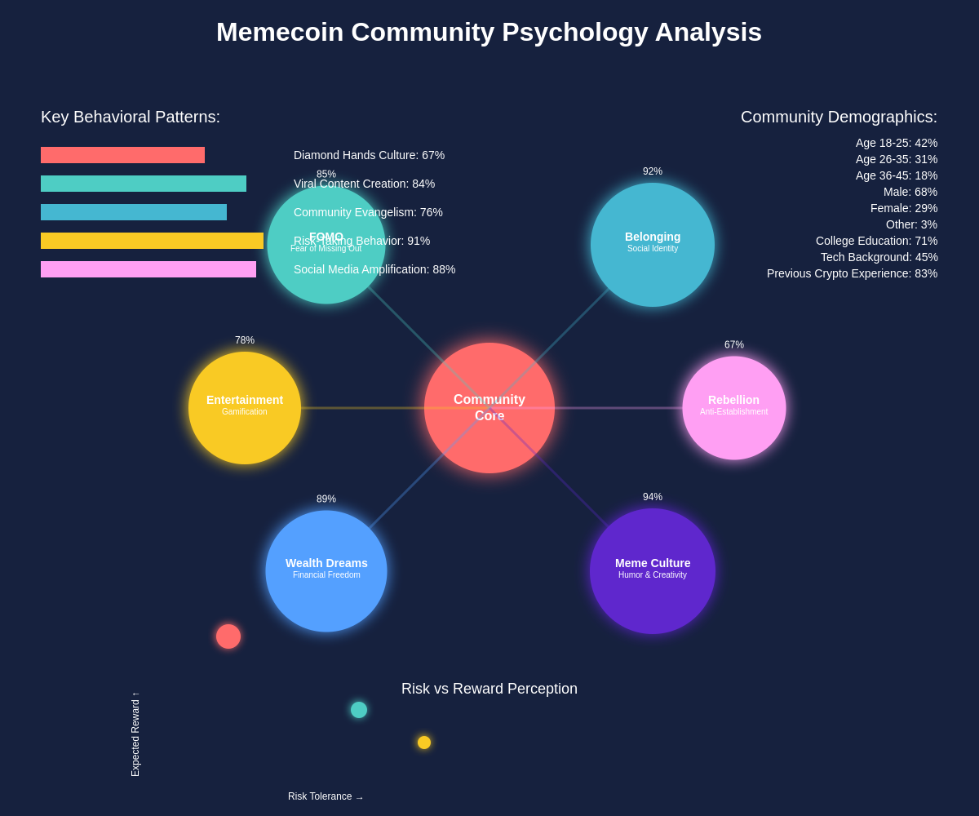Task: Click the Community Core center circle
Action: pos(489,408)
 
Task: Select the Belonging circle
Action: pos(653,245)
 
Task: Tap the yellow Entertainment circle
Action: pos(245,408)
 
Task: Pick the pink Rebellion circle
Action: pos(734,408)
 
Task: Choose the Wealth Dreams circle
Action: pos(326,571)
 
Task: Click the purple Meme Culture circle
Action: pos(653,571)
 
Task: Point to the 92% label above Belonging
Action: pos(653,171)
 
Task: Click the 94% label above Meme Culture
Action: pos(653,497)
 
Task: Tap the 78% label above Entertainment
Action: pos(245,340)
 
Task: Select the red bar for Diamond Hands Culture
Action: pos(122,155)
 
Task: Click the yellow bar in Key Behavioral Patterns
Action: pos(152,241)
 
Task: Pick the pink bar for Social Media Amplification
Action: pos(148,269)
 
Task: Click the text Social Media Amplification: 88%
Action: pos(374,269)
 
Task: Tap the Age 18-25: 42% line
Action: pos(897,143)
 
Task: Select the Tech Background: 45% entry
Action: pos(879,257)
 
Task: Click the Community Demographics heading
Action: pos(839,117)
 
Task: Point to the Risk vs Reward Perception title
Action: pos(489,689)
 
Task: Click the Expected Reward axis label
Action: pos(135,734)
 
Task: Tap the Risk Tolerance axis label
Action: pos(326,796)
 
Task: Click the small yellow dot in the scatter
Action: pos(424,743)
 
